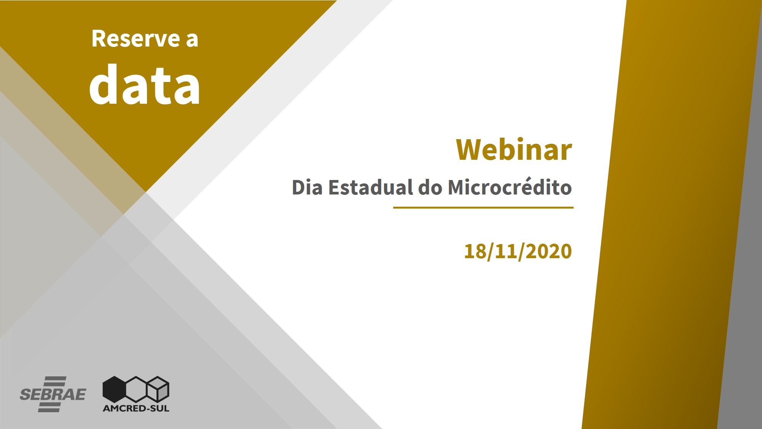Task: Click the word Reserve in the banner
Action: click(136, 39)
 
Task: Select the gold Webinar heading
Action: click(514, 149)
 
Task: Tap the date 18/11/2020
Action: click(518, 251)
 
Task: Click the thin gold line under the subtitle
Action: click(483, 208)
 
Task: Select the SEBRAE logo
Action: click(53, 394)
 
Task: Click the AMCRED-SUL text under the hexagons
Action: click(136, 408)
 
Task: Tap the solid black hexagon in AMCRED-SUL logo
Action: click(114, 389)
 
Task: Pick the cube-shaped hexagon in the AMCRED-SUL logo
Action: click(158, 389)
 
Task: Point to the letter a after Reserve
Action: click(192, 41)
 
